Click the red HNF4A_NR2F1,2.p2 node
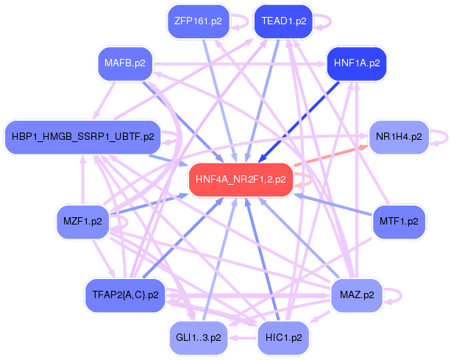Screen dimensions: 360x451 [x=241, y=178]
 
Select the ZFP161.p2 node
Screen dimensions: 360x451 [x=194, y=21]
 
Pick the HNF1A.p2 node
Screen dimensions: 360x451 [x=356, y=63]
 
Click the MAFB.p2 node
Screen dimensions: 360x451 [x=125, y=63]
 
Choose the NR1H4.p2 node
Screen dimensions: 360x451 [x=398, y=136]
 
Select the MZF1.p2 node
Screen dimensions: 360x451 [x=82, y=221]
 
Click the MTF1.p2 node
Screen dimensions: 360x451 [x=398, y=220]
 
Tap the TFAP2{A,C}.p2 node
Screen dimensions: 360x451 [x=125, y=294]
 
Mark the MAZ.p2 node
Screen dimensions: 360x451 [x=357, y=294]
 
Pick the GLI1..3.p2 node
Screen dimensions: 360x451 [x=195, y=337]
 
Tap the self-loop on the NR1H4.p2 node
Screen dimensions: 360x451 [x=439, y=136]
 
